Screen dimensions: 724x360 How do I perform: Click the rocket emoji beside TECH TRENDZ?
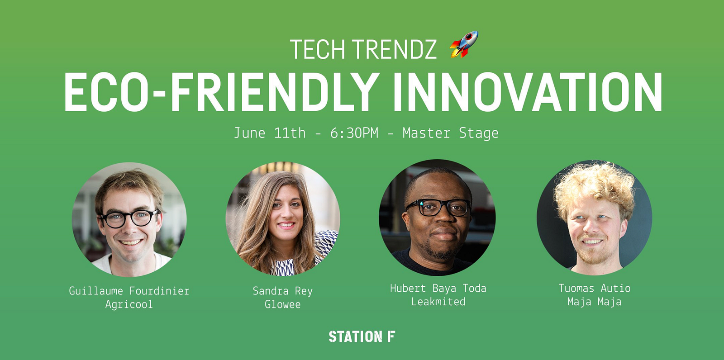464,44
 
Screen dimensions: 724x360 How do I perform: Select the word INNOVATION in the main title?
528,92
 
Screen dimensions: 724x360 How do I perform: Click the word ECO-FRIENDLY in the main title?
222,92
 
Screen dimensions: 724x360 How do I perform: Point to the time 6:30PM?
354,133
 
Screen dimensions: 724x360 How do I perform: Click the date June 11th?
270,133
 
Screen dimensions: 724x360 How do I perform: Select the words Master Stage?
450,133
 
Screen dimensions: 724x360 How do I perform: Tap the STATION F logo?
362,336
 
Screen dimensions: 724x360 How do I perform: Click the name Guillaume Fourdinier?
129,291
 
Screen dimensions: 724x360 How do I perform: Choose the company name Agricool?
129,304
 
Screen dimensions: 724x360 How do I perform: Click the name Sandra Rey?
282,291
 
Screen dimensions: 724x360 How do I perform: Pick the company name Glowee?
282,304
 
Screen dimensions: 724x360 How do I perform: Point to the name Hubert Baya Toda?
438,288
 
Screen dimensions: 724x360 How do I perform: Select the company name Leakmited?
438,302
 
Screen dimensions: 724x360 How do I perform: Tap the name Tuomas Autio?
595,288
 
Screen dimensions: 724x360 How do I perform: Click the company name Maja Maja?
595,302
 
